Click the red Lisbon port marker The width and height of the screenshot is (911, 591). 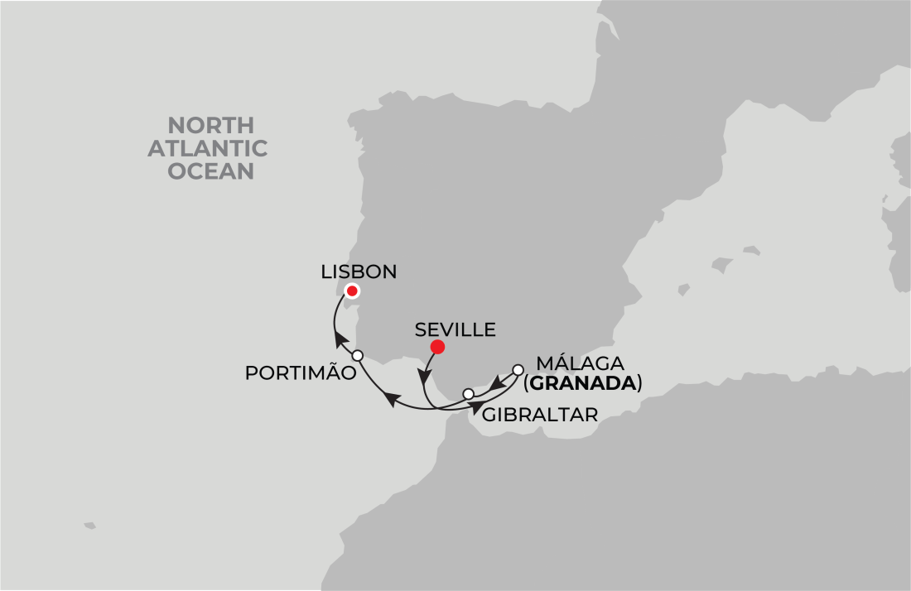[x=352, y=291]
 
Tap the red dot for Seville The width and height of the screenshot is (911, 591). [x=437, y=347]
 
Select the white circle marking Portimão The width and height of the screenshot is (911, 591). [x=358, y=355]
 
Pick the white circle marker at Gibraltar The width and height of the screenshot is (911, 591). [x=468, y=393]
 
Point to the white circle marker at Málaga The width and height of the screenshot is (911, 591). [x=518, y=370]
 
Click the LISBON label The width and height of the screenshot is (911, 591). [x=359, y=271]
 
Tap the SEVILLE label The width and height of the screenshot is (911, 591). [x=455, y=329]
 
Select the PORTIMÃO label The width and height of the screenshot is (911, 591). [x=301, y=373]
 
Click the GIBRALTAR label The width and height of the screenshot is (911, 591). [x=539, y=415]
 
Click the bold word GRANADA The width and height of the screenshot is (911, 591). [x=583, y=383]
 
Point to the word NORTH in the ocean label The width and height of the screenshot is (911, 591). [x=210, y=126]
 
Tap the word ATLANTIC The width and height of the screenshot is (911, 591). [x=218, y=148]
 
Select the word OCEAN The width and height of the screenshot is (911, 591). [x=211, y=171]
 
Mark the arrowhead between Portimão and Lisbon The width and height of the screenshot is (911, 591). [x=340, y=339]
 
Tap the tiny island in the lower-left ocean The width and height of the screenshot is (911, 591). [x=89, y=525]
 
